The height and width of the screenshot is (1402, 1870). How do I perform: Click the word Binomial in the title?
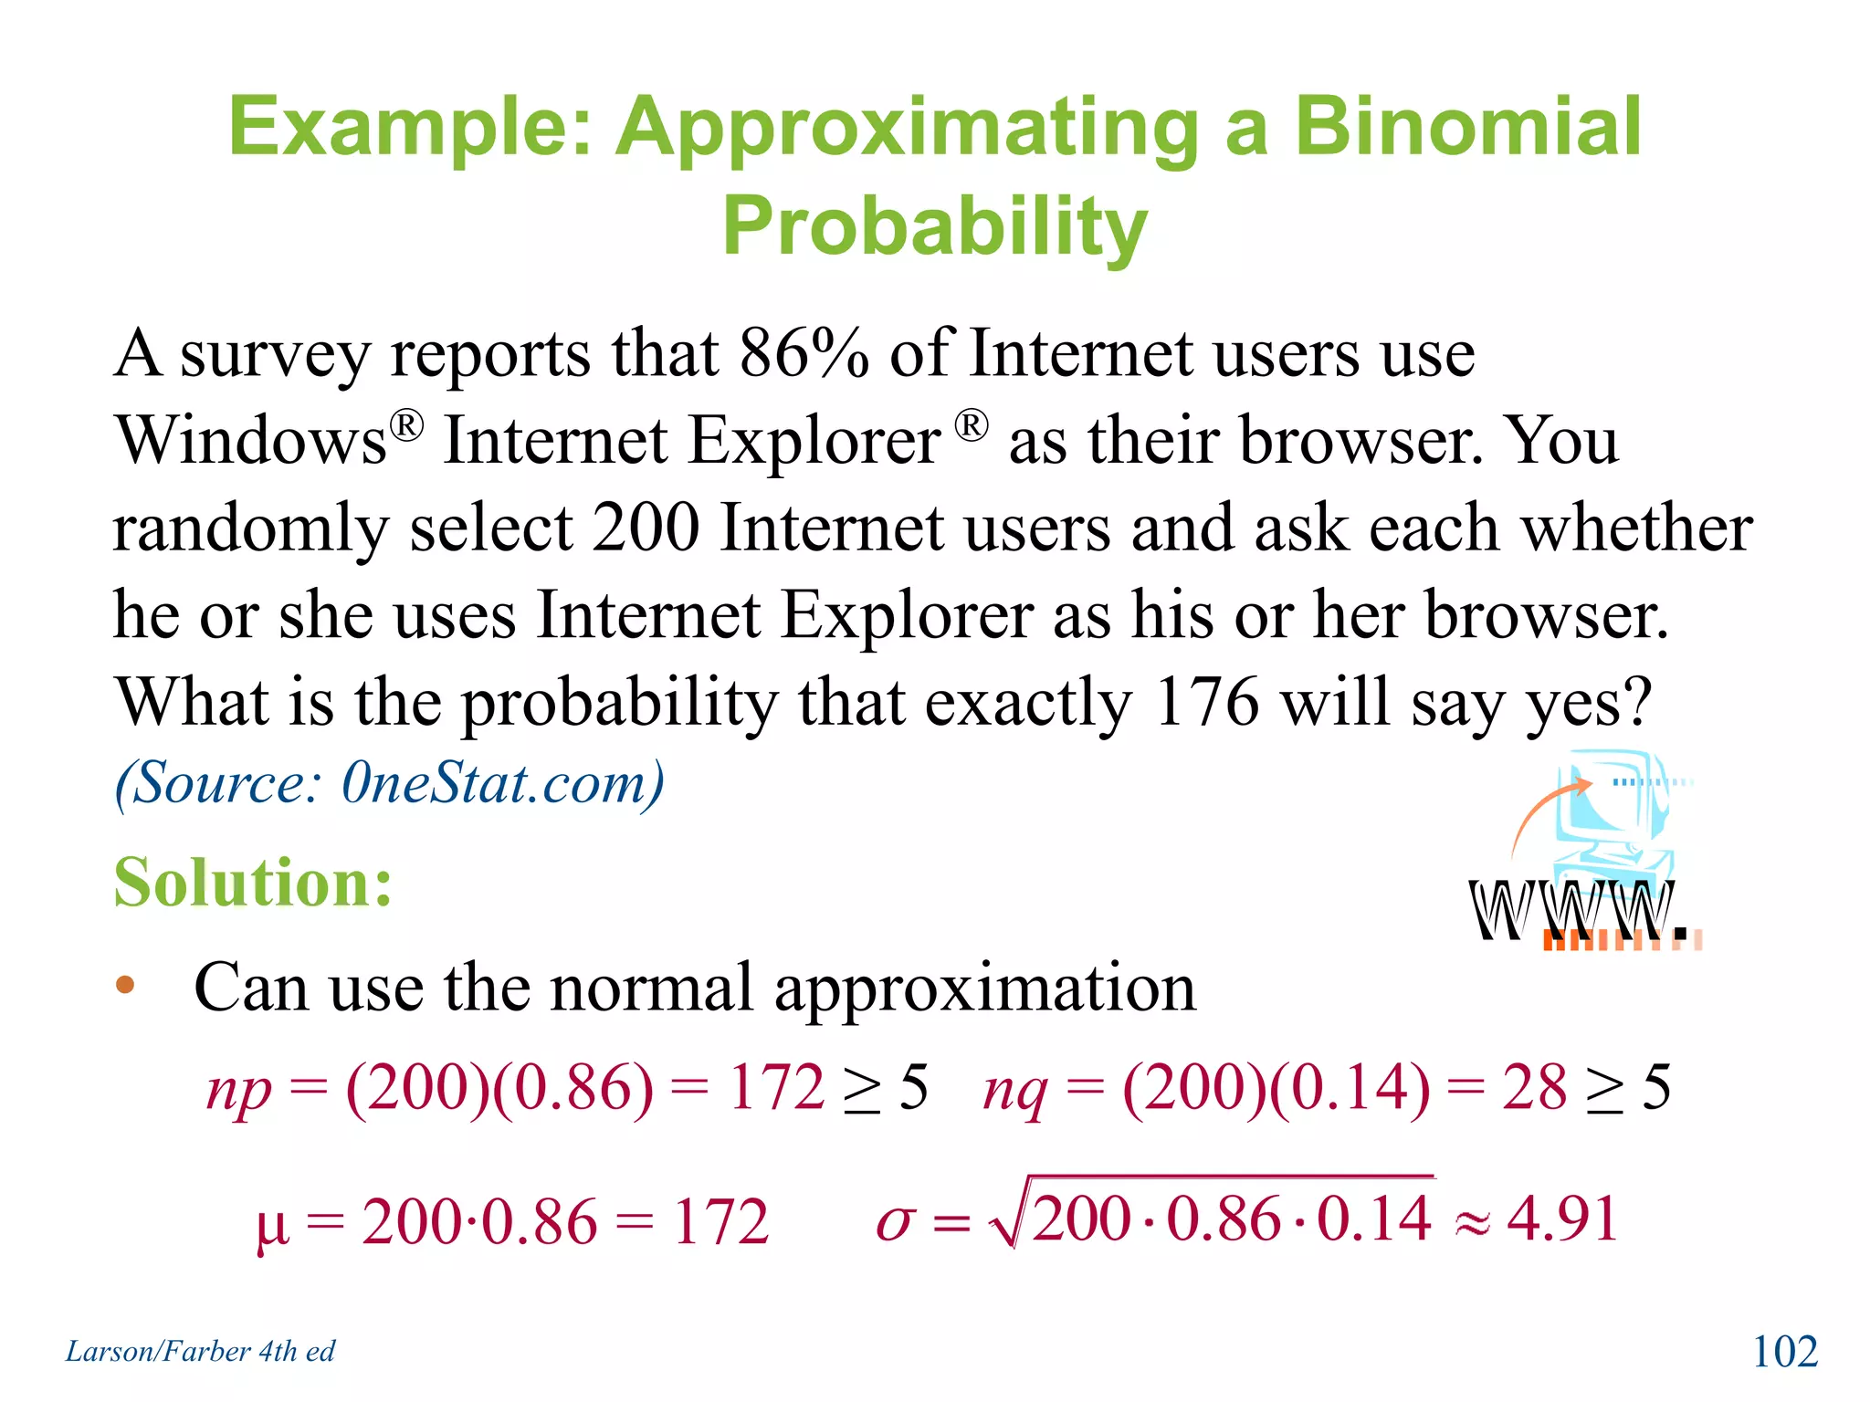coord(1468,128)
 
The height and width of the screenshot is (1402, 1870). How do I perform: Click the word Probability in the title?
coord(934,228)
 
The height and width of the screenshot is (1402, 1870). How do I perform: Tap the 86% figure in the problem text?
coord(804,354)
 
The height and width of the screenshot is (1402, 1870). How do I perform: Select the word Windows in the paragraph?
coord(252,442)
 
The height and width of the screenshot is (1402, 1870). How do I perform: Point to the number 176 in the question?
coord(1206,703)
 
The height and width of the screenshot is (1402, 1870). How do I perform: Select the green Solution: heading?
coord(253,883)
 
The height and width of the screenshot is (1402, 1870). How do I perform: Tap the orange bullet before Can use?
coord(125,986)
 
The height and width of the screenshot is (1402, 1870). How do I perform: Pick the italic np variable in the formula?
coord(239,1090)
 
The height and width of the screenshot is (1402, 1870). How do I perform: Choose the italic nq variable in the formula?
coord(1014,1090)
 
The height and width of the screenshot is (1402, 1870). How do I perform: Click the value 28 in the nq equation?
coord(1534,1088)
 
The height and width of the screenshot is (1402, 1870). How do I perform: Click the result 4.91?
coord(1562,1219)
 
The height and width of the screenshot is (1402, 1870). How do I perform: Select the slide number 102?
coord(1785,1352)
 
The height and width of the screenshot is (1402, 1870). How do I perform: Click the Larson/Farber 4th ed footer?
coord(200,1352)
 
